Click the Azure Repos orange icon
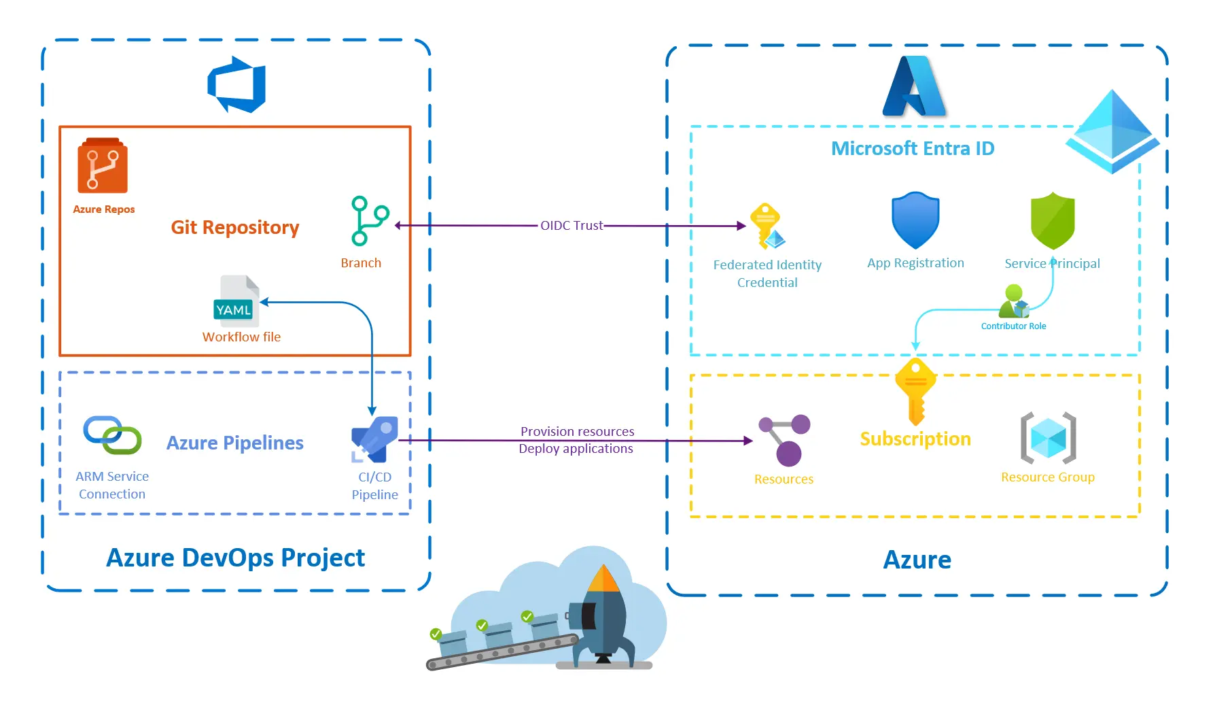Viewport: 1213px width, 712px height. click(102, 166)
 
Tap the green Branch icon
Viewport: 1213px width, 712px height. click(368, 221)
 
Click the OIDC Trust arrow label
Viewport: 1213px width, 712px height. click(571, 225)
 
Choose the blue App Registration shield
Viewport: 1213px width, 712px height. click(915, 220)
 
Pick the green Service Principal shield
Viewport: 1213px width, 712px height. click(1052, 220)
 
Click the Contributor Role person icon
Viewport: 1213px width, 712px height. click(1013, 301)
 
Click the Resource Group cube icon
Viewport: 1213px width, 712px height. click(1048, 437)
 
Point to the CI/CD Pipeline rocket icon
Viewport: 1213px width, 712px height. click(374, 439)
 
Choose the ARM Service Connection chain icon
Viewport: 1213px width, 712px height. click(112, 435)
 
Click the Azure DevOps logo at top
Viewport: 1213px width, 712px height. click(236, 85)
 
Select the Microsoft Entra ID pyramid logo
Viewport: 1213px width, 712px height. click(1112, 131)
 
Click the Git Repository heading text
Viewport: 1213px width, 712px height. click(234, 227)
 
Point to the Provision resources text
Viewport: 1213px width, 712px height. click(577, 431)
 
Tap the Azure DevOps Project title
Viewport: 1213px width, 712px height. click(235, 558)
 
